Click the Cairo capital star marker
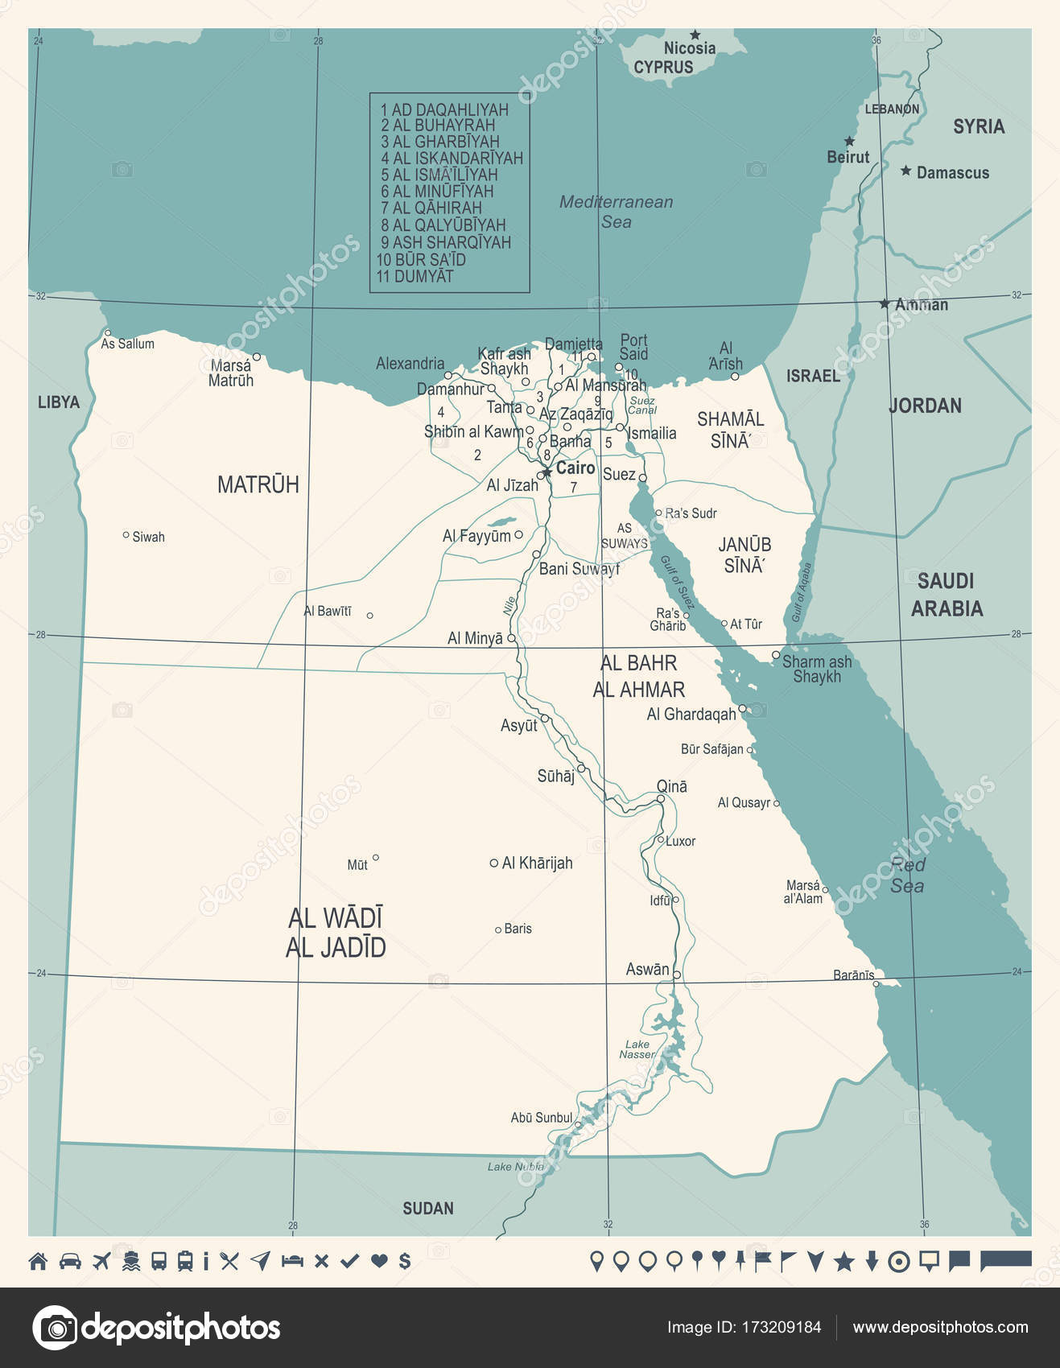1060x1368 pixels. pos(546,472)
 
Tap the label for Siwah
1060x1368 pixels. pos(148,537)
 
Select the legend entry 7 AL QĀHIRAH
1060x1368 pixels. pos(431,208)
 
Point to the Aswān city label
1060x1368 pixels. pos(647,970)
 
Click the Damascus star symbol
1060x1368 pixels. pos(906,171)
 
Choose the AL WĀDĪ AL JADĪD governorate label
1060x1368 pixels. pos(336,933)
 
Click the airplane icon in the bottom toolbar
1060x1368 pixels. pos(101,1261)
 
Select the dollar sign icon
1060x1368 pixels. pos(405,1261)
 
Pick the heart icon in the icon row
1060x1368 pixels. pos(379,1261)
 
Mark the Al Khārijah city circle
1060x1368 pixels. pos(493,863)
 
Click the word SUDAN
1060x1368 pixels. pos(428,1208)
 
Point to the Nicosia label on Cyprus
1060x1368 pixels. pos(689,48)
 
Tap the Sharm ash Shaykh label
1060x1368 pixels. pos(816,669)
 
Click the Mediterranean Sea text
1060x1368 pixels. pos(617,212)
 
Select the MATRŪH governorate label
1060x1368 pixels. pos(258,484)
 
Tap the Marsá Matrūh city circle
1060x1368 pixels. pos(257,356)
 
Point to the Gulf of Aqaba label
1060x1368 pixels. pos(801,592)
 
